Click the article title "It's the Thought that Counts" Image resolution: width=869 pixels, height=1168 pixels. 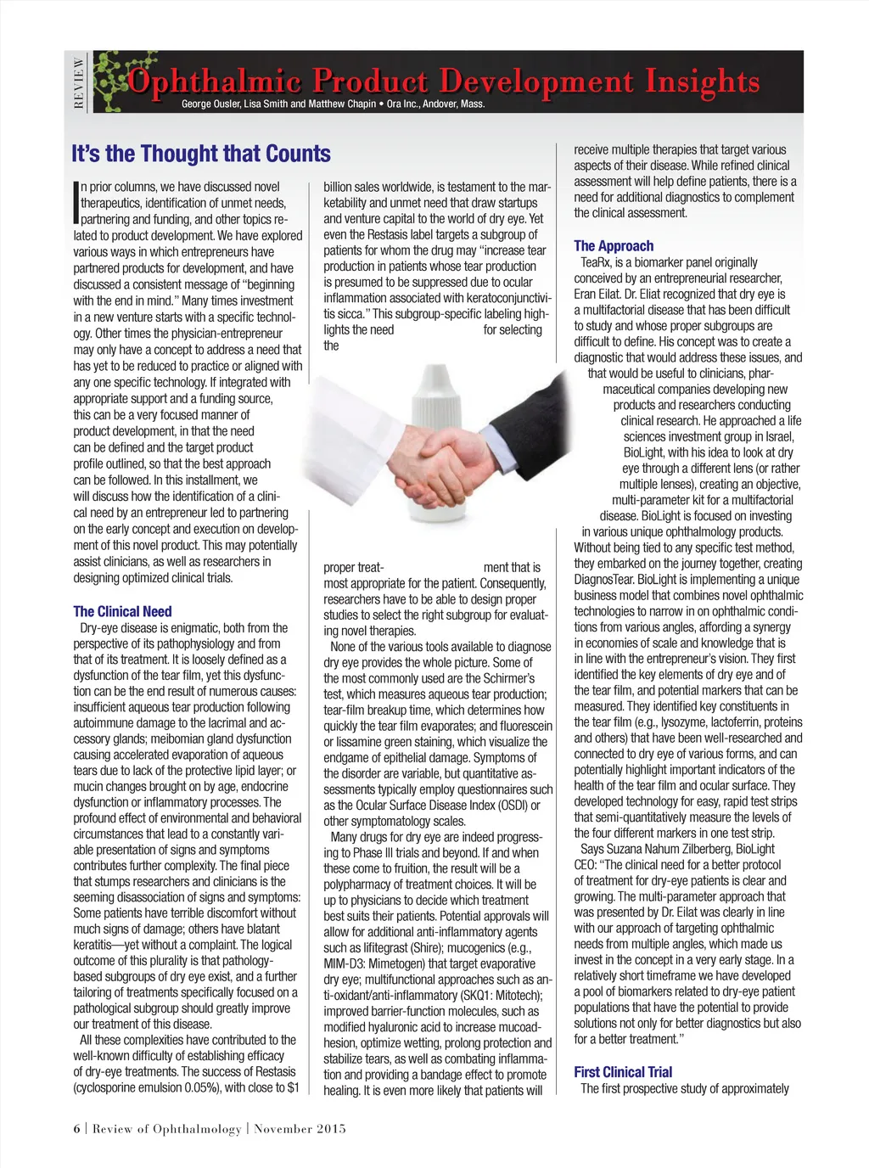[x=201, y=154]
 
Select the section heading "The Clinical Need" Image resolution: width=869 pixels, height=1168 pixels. [x=122, y=611]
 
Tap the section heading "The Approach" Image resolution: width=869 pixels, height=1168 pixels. [x=614, y=246]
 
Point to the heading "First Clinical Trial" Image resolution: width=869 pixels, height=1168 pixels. [x=623, y=1072]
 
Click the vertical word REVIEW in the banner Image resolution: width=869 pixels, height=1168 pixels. [x=79, y=82]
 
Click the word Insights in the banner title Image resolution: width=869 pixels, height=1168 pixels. [x=702, y=81]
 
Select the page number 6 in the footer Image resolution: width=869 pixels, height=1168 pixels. [x=76, y=1128]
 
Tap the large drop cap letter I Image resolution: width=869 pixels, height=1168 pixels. [x=76, y=202]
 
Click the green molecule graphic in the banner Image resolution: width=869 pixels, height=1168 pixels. [x=119, y=81]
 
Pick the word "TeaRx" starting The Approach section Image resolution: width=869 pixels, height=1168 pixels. [x=597, y=263]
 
